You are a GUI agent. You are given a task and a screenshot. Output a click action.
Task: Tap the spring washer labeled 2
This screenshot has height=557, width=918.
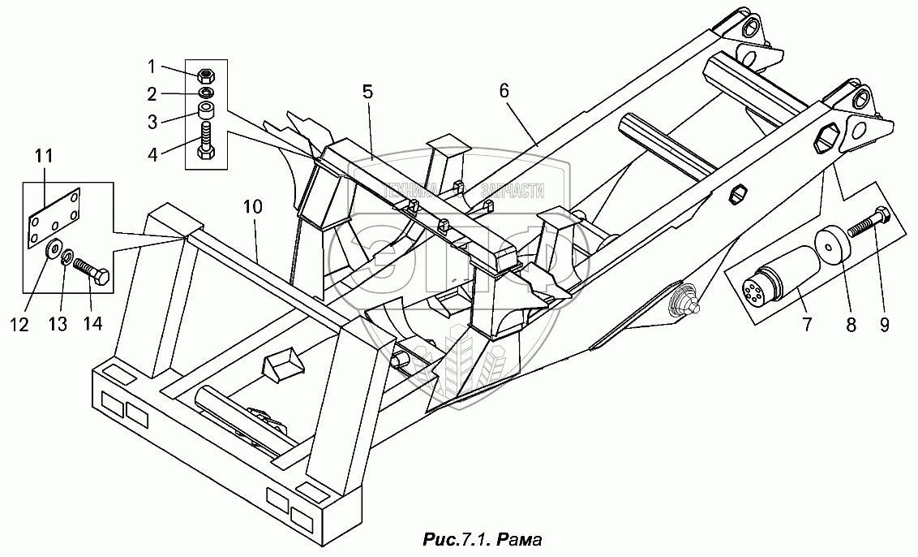[206, 94]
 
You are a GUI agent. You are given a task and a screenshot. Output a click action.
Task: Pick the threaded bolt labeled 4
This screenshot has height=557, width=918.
[206, 140]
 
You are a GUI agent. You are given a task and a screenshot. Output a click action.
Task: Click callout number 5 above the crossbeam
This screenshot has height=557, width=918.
[367, 92]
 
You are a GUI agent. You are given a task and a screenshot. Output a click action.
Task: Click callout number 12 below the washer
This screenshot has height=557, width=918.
[19, 325]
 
